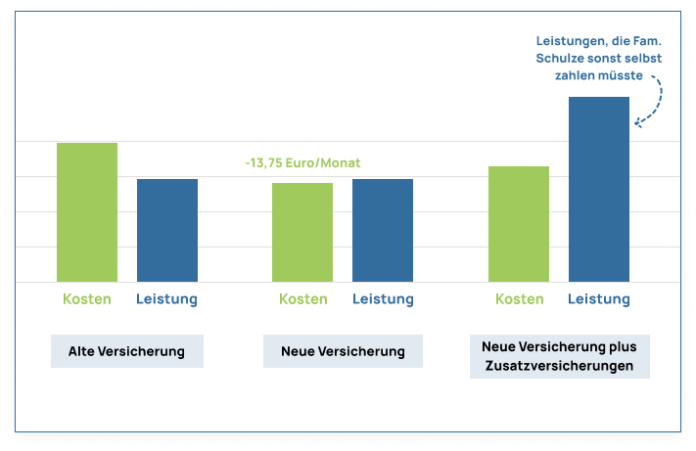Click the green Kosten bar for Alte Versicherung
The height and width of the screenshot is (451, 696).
[x=87, y=212]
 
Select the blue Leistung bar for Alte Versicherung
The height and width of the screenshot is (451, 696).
[x=167, y=230]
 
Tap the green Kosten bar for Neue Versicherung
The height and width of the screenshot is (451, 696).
[x=302, y=232]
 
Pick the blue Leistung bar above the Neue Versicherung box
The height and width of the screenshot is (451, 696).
[x=383, y=230]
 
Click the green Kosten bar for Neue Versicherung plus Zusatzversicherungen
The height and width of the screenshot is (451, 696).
[x=519, y=224]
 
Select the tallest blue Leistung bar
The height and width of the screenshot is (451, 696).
[x=599, y=189]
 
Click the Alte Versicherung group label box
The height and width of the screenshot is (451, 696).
[x=126, y=351]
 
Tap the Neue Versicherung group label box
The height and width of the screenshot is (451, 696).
[x=343, y=351]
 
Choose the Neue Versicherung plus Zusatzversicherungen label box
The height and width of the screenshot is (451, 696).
[x=559, y=357]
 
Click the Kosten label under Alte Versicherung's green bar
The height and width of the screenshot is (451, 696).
[x=87, y=299]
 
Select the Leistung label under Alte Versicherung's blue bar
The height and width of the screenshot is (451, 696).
[x=167, y=299]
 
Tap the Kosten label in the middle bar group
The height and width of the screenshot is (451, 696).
[x=302, y=299]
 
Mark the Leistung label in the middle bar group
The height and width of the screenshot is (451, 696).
[x=383, y=299]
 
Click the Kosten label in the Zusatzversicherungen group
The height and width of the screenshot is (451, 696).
[x=519, y=299]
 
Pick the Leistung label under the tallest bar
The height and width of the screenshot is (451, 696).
[x=599, y=299]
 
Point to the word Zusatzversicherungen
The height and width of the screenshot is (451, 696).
[x=559, y=367]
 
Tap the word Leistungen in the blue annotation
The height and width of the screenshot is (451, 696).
[x=571, y=41]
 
